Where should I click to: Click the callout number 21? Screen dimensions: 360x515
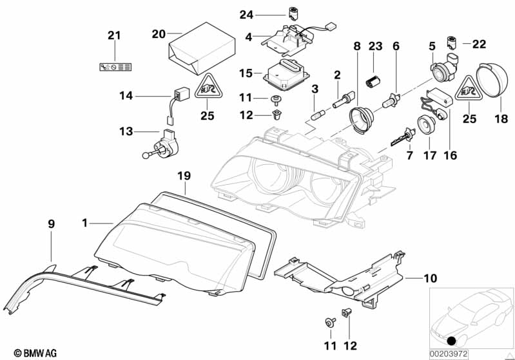[x=113, y=35]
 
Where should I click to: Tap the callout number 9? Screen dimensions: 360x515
[x=52, y=224]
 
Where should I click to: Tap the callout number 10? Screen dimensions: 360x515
[x=429, y=279]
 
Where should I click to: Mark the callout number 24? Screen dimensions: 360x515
[x=229, y=15]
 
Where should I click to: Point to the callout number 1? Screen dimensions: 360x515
[x=84, y=223]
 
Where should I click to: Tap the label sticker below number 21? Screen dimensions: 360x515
[x=115, y=66]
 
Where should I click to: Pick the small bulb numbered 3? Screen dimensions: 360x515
[x=317, y=113]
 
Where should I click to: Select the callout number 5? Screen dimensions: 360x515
[x=432, y=46]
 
